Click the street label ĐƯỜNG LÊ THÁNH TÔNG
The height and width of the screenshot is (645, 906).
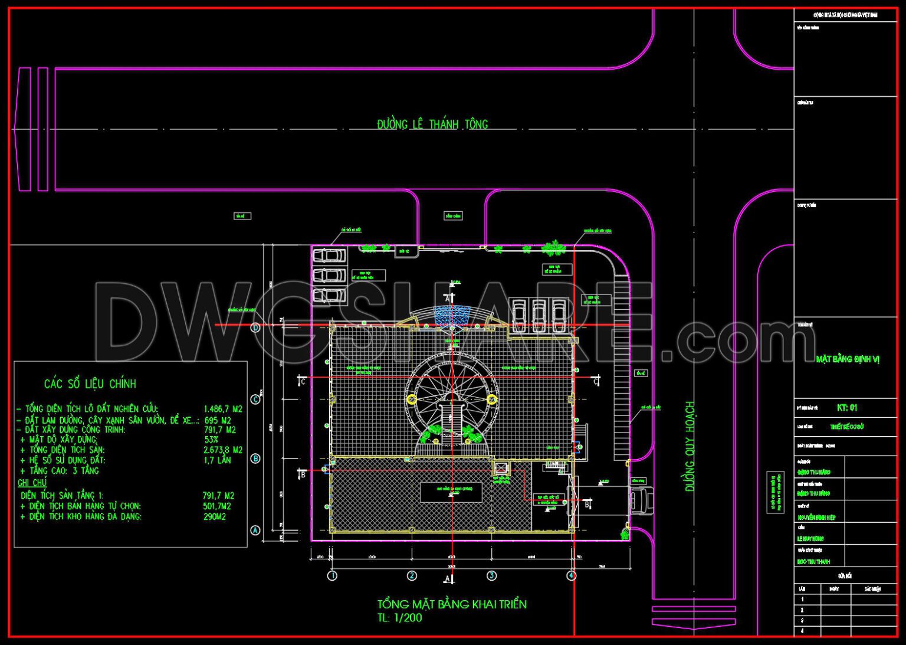432,125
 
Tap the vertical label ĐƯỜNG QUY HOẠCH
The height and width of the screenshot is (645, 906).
690,446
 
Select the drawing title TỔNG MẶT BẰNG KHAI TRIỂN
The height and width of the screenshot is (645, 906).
452,604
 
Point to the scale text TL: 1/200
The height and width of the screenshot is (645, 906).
400,618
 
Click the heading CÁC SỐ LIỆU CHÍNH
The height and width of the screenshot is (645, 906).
90,384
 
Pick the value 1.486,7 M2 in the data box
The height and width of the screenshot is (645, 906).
222,409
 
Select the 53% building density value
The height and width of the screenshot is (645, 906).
211,440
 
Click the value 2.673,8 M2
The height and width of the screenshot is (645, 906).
222,450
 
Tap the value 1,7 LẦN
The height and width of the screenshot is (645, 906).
217,460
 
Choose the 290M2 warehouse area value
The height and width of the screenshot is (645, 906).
215,517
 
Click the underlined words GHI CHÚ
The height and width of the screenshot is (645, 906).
32,483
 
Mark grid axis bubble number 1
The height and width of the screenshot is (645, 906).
332,575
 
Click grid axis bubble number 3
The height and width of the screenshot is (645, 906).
491,575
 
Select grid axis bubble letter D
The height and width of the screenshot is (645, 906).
255,328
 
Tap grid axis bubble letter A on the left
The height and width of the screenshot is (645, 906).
255,531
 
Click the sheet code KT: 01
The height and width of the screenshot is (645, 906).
846,408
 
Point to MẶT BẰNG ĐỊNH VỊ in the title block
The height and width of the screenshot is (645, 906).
848,359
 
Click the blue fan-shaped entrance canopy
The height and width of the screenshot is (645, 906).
452,315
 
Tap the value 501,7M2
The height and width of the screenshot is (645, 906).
216,506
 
